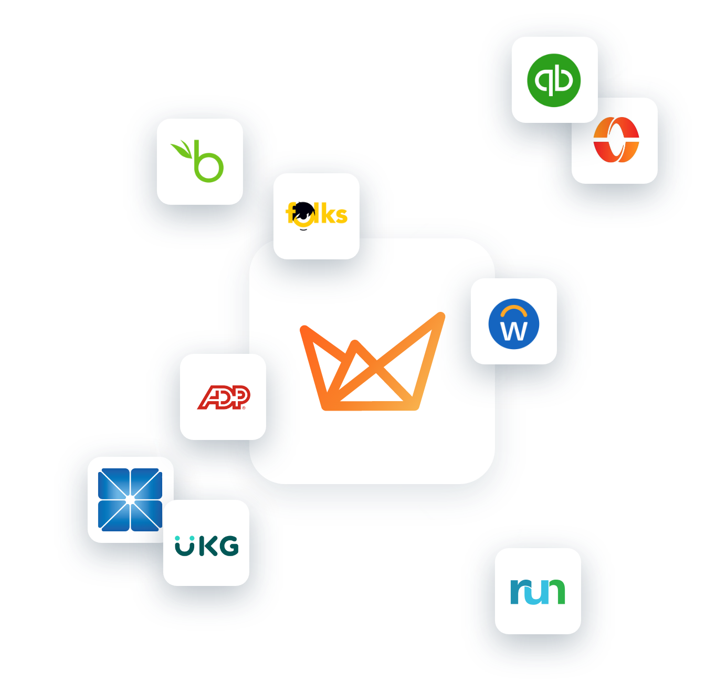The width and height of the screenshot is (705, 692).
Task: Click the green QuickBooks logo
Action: coord(554,80)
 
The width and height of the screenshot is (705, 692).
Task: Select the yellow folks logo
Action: coord(317,215)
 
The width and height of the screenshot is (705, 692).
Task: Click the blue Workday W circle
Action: coord(513,324)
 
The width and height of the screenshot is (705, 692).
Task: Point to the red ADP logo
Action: coord(224,397)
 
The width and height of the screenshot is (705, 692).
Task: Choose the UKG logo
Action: coord(206,546)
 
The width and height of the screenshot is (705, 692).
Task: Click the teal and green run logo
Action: coord(538,591)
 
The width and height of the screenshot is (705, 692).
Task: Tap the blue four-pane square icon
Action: coord(130,499)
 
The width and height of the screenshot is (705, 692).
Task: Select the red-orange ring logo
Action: coord(616,140)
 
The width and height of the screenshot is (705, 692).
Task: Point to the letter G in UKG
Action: coord(228,546)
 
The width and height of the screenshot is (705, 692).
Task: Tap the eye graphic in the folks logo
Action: coord(303,214)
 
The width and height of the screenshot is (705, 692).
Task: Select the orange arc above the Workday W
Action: coord(514,311)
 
